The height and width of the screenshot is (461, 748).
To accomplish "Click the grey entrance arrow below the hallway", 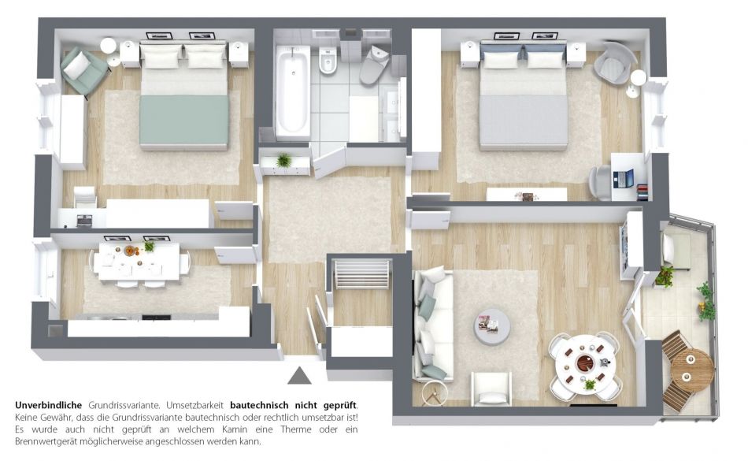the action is pos(299,377).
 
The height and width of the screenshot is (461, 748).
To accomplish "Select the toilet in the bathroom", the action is pos(373,65).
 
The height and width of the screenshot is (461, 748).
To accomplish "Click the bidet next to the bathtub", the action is pos(328,61).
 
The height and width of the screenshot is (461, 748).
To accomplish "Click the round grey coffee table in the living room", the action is pos(492,328).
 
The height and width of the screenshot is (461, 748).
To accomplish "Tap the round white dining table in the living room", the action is pos(585,363).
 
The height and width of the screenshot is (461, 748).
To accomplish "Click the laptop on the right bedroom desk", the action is pos(623,178).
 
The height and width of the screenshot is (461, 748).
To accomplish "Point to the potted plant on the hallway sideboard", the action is pos(283,160).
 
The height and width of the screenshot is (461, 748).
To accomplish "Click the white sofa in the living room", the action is pos(433,325).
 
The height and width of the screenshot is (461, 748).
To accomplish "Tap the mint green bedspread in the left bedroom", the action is pos(184,120).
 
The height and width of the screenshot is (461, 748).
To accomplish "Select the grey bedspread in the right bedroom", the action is pos(524,121).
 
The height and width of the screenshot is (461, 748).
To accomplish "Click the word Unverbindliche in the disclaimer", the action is pos(48,406).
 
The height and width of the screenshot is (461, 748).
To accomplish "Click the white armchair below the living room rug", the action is pos(491,389).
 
